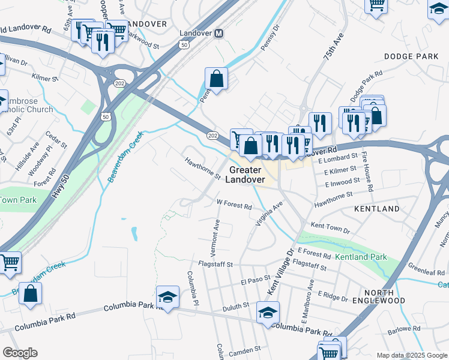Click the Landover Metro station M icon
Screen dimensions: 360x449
pyautogui.click(x=220, y=34)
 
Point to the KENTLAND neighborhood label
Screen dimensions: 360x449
pyautogui.click(x=377, y=209)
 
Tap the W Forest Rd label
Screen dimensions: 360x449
pyautogui.click(x=234, y=205)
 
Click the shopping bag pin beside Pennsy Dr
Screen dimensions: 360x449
pyautogui.click(x=216, y=79)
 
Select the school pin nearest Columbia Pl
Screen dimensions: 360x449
pyautogui.click(x=167, y=296)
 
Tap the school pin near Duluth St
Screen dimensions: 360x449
pyautogui.click(x=268, y=312)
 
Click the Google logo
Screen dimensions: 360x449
pyautogui.click(x=20, y=353)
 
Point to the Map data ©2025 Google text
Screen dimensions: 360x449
pyautogui.click(x=411, y=355)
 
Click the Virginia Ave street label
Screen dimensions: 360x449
pyautogui.click(x=268, y=214)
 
